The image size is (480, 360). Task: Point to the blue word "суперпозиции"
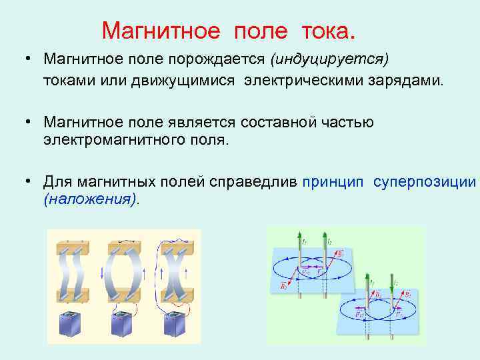click(x=425, y=181)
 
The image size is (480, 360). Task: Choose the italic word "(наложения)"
click(x=89, y=199)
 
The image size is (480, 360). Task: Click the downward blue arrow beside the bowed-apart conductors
click(x=101, y=273)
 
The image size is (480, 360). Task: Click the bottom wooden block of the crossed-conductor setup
click(x=175, y=294)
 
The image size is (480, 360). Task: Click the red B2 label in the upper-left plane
click(x=283, y=286)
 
